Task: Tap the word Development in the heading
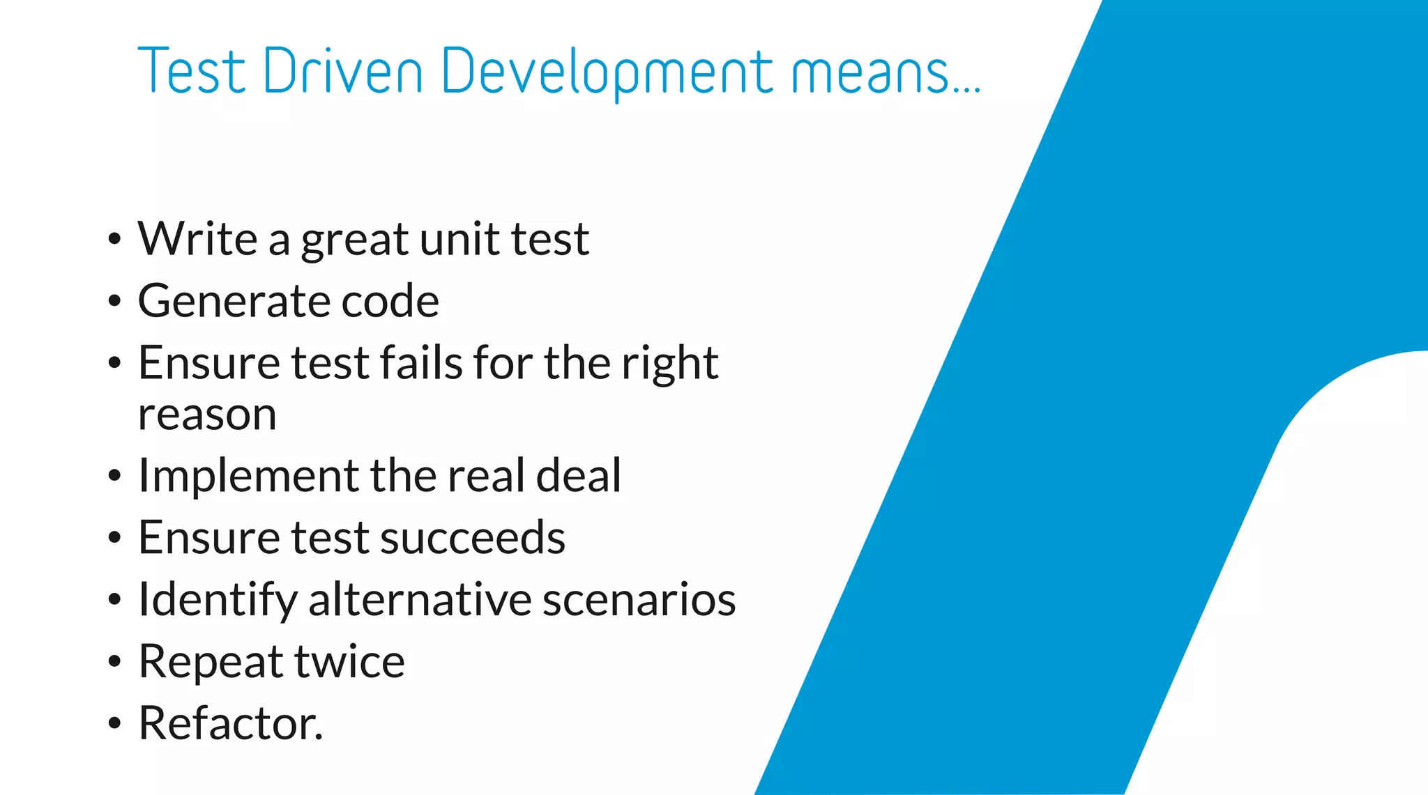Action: pos(607,72)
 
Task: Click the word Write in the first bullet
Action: pos(198,239)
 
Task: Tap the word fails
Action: pos(421,363)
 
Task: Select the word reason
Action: pos(207,416)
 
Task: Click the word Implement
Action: pos(248,476)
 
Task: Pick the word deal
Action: pos(579,476)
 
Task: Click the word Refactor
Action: pos(231,723)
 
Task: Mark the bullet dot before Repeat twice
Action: pos(115,662)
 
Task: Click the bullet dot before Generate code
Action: pos(115,302)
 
